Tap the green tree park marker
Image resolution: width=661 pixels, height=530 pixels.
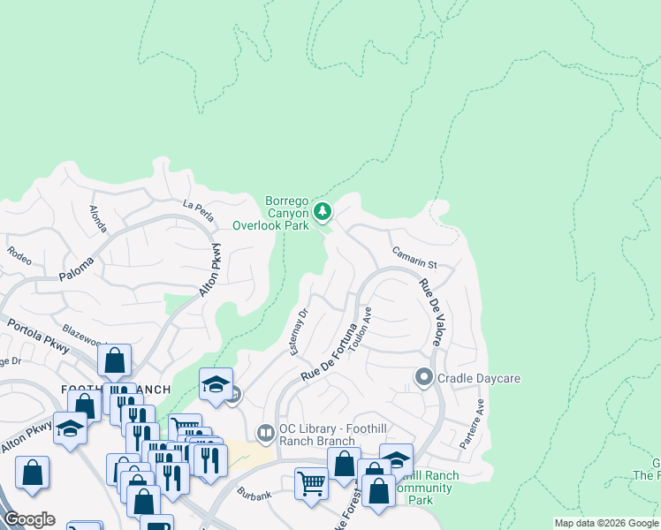click(323, 211)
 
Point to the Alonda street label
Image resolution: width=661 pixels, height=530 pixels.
click(97, 219)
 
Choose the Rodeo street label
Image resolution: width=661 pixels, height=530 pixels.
click(19, 250)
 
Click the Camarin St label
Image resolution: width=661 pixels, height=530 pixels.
click(415, 257)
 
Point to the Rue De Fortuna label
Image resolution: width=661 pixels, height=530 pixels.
click(329, 352)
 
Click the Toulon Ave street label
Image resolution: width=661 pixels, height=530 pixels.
click(361, 329)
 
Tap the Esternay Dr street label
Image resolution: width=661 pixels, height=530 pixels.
click(299, 332)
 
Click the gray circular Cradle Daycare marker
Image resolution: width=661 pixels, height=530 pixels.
click(423, 378)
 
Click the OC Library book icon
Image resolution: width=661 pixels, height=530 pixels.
click(264, 433)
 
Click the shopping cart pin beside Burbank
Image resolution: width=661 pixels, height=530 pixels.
click(311, 483)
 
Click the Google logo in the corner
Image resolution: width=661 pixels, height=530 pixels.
click(28, 519)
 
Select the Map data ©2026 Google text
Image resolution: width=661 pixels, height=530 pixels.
click(605, 523)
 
